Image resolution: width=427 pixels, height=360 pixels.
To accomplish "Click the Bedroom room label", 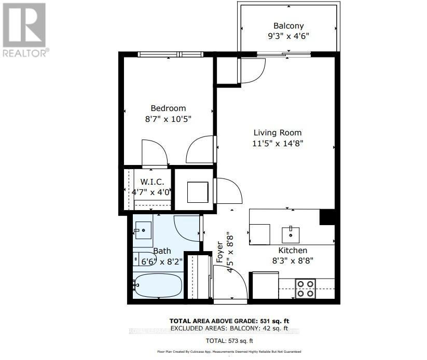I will point(168,108).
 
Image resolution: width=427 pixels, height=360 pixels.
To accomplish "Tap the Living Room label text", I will point(277,133).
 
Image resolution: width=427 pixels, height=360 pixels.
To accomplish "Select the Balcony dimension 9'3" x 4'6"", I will point(288,37).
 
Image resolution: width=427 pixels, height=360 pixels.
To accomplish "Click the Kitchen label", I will point(293,251).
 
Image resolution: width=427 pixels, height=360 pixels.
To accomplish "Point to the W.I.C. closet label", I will point(153,182).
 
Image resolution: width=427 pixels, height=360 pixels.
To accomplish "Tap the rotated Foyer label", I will point(219,252).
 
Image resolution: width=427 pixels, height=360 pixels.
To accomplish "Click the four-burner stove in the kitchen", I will point(306,288).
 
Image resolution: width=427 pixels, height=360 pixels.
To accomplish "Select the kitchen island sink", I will point(291,234).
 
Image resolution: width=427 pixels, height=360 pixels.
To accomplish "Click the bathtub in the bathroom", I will point(157,286).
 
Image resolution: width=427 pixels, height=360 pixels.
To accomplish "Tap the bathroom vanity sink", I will point(142,229).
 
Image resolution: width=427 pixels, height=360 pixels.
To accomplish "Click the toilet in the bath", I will point(139,258).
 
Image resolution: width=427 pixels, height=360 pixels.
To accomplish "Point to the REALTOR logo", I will point(25,29).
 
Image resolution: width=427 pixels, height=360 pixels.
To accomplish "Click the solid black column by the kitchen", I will point(327,217).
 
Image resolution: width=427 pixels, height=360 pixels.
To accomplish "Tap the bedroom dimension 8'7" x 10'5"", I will point(168,119).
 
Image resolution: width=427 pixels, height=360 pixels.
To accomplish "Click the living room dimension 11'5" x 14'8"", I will point(277,143).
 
